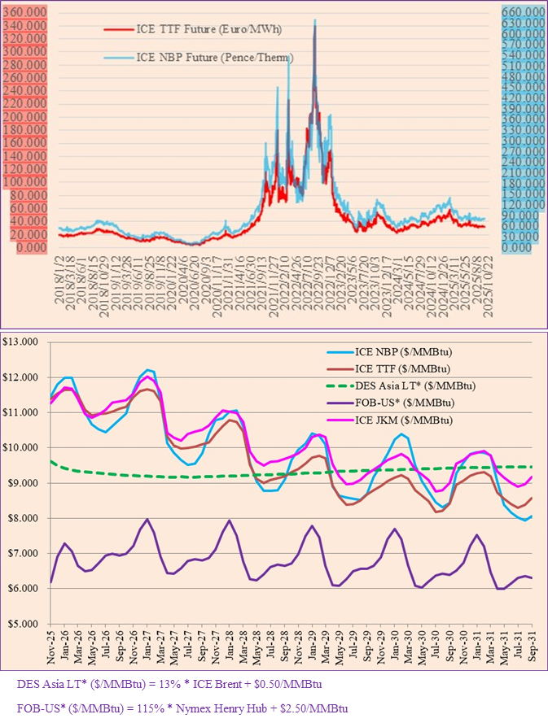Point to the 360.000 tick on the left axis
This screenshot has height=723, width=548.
click(x=25, y=12)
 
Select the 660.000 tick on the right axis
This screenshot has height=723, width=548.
click(x=523, y=11)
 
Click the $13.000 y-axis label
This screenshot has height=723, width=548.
click(x=25, y=342)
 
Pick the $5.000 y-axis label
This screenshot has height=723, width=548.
click(x=25, y=623)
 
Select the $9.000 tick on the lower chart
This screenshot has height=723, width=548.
click(x=25, y=483)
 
